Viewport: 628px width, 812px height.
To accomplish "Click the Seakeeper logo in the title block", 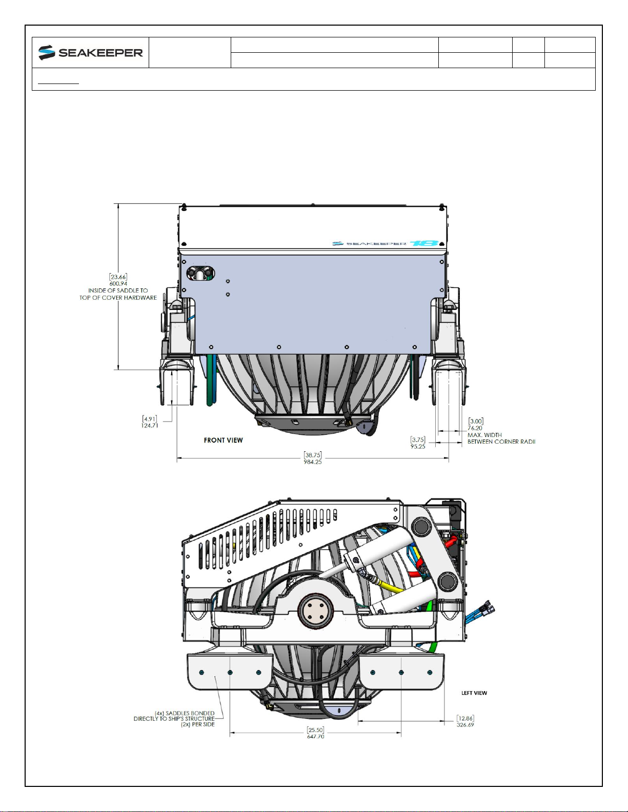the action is click(x=90, y=53).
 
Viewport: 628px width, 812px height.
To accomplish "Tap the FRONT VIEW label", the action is click(x=223, y=440).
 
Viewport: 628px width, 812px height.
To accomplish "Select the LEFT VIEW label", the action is click(x=474, y=693).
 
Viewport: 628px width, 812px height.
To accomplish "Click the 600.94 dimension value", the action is click(x=118, y=284).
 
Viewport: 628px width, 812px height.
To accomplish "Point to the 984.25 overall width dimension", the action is click(x=313, y=462).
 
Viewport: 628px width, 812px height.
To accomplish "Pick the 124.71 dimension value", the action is click(x=150, y=426).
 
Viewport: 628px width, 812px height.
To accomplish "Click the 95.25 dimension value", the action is click(x=417, y=447).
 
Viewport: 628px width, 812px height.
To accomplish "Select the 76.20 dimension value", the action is click(x=475, y=428).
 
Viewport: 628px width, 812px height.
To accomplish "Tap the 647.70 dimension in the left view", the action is click(x=315, y=737).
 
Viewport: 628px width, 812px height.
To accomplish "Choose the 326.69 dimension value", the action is click(x=465, y=725).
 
